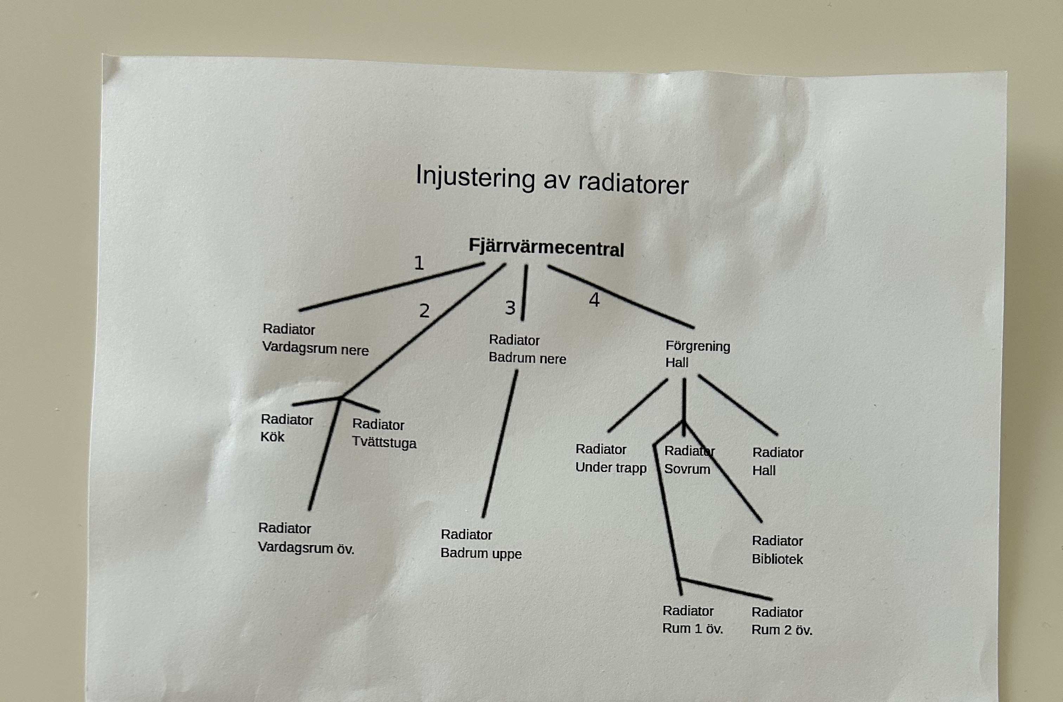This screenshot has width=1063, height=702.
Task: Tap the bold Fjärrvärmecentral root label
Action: [546, 247]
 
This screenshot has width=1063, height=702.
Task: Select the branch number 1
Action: [419, 263]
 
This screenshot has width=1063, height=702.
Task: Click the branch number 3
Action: [510, 308]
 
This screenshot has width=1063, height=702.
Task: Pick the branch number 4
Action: [594, 300]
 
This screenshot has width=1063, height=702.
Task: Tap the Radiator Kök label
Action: [286, 428]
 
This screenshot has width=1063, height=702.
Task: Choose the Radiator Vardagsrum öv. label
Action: [306, 538]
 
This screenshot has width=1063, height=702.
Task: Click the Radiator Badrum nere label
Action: [527, 349]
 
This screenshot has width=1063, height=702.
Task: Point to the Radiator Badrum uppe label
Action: [481, 544]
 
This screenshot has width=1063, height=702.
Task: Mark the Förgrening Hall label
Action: [697, 354]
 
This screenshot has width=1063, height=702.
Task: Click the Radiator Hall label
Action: [778, 461]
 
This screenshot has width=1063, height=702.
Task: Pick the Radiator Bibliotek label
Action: [778, 550]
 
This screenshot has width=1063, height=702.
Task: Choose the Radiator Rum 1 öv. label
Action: [692, 619]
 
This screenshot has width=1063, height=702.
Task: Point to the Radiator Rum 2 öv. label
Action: [781, 621]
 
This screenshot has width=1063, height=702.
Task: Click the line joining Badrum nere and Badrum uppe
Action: [500, 443]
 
